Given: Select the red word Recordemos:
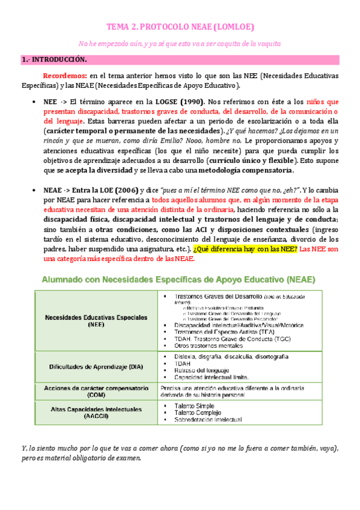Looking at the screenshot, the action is [65, 76].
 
